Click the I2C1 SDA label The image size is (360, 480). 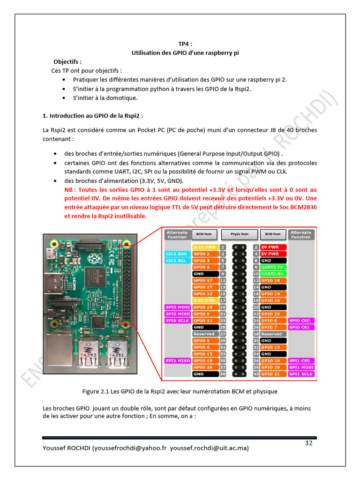[177, 254]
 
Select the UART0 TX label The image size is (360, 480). [273, 267]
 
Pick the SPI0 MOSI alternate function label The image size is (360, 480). [177, 307]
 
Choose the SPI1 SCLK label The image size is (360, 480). [300, 374]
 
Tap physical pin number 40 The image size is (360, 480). [256, 374]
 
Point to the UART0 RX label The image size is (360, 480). [273, 273]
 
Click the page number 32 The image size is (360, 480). [309, 443]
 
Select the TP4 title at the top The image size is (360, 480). [185, 44]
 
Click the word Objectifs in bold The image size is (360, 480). [67, 61]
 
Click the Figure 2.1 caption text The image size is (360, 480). [180, 391]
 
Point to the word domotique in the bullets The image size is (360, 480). [122, 97]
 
